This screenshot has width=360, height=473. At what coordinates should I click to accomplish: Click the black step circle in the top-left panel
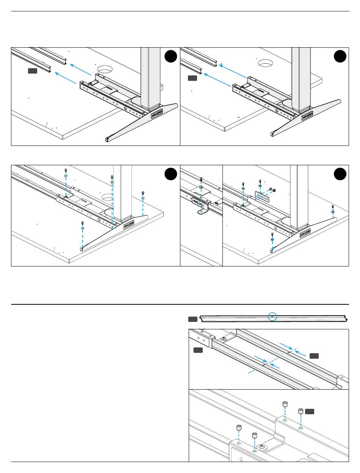[x=171, y=56]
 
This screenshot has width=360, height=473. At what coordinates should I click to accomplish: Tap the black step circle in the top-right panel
[x=340, y=56]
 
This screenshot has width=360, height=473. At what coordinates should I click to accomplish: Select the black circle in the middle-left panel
[x=171, y=174]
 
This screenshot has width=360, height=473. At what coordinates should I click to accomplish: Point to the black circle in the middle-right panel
[x=340, y=174]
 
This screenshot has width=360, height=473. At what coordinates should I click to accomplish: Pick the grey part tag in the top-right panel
[x=193, y=78]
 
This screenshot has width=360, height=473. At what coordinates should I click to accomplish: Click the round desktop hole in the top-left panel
[x=105, y=69]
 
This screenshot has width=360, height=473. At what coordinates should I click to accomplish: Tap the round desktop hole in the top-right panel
[x=266, y=63]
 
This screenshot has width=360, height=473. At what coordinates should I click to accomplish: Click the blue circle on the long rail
[x=272, y=316]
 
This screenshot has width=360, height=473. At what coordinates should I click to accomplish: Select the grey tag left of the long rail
[x=193, y=319]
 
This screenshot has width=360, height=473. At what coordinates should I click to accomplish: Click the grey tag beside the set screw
[x=310, y=411]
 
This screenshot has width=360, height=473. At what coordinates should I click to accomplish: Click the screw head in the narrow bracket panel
[x=201, y=179]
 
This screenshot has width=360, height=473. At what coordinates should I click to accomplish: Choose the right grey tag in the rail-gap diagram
[x=314, y=356]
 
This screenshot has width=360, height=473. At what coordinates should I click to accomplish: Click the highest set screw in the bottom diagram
[x=285, y=404]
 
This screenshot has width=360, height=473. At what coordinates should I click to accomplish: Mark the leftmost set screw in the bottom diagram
[x=239, y=428]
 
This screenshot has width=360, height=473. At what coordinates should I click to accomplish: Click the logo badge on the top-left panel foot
[x=156, y=113]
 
